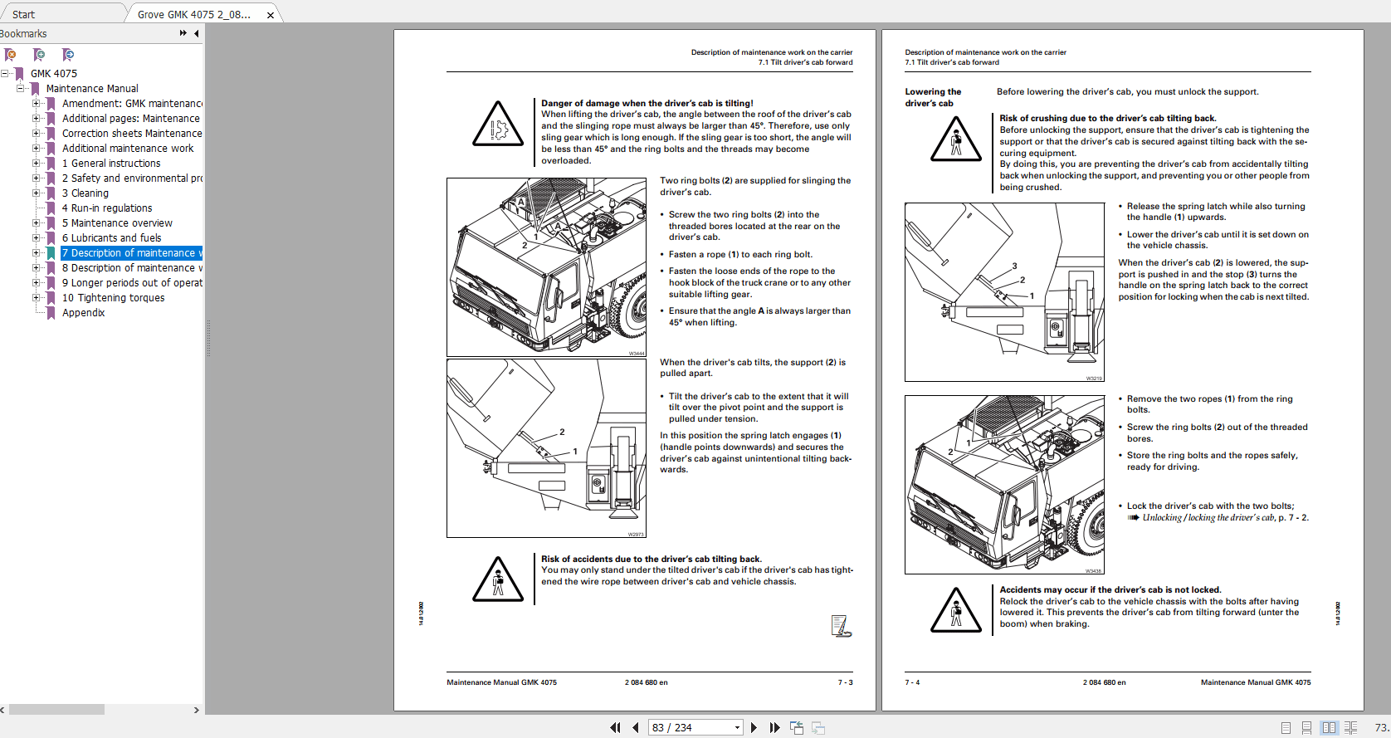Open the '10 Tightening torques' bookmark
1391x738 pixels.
[113, 298]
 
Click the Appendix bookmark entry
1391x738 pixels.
[83, 313]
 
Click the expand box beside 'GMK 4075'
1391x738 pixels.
[5, 74]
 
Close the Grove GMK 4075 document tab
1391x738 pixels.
[271, 15]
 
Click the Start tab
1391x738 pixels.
[24, 14]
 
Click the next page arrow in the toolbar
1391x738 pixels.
[754, 727]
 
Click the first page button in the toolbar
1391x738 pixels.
[615, 727]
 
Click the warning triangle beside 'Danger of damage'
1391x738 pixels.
[497, 125]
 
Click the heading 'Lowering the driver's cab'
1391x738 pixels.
[933, 97]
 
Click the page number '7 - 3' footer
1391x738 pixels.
[845, 682]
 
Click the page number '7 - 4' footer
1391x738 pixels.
[912, 682]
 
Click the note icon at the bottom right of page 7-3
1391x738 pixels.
[841, 626]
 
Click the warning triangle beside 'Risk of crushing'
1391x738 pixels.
[955, 139]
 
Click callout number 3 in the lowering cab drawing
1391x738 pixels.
[1014, 266]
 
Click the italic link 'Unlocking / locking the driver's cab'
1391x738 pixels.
[1208, 518]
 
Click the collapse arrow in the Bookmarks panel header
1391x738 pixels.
[197, 33]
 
